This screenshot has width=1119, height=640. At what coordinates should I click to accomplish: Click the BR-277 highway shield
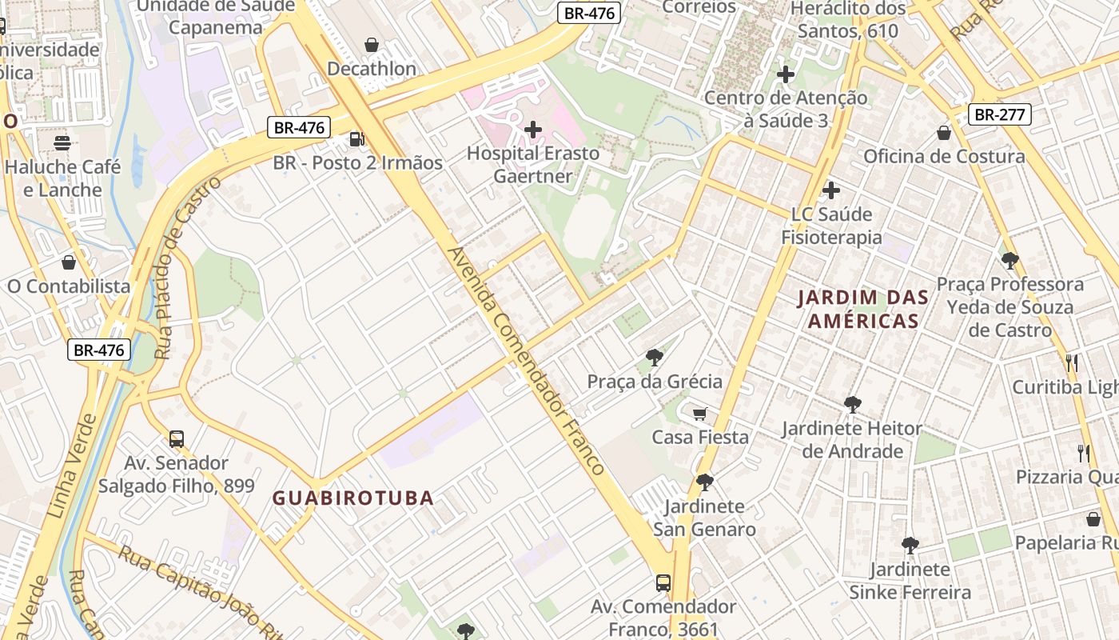click(999, 114)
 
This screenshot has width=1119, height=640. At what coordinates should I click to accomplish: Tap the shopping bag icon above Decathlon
click(372, 45)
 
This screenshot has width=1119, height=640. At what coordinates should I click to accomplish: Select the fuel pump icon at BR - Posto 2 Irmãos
click(356, 139)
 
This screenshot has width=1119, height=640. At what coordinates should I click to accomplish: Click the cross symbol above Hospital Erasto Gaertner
click(533, 129)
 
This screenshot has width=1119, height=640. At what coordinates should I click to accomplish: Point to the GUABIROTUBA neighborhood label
click(352, 498)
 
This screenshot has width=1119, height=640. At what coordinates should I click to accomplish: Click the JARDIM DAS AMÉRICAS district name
click(863, 310)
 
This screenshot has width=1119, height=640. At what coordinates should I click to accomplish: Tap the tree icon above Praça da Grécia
click(655, 357)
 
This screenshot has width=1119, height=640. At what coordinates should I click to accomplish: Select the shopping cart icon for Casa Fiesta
click(700, 414)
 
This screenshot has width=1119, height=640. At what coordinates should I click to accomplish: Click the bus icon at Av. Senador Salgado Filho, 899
click(177, 438)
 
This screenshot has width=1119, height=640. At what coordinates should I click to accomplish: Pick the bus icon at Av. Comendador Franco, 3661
click(663, 582)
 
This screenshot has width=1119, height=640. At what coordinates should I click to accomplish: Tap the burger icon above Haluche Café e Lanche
click(62, 143)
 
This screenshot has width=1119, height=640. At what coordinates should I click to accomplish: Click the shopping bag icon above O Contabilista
click(69, 262)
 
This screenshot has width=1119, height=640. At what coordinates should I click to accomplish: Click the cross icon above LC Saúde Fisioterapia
click(831, 190)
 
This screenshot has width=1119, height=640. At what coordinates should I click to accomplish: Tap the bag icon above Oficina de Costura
click(944, 132)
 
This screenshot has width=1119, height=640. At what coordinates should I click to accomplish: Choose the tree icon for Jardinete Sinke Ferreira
click(910, 546)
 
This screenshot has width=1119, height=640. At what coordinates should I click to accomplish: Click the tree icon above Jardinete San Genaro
click(704, 482)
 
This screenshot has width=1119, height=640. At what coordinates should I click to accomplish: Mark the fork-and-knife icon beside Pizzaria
click(1084, 454)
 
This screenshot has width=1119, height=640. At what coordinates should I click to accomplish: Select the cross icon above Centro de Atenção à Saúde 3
click(786, 74)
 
